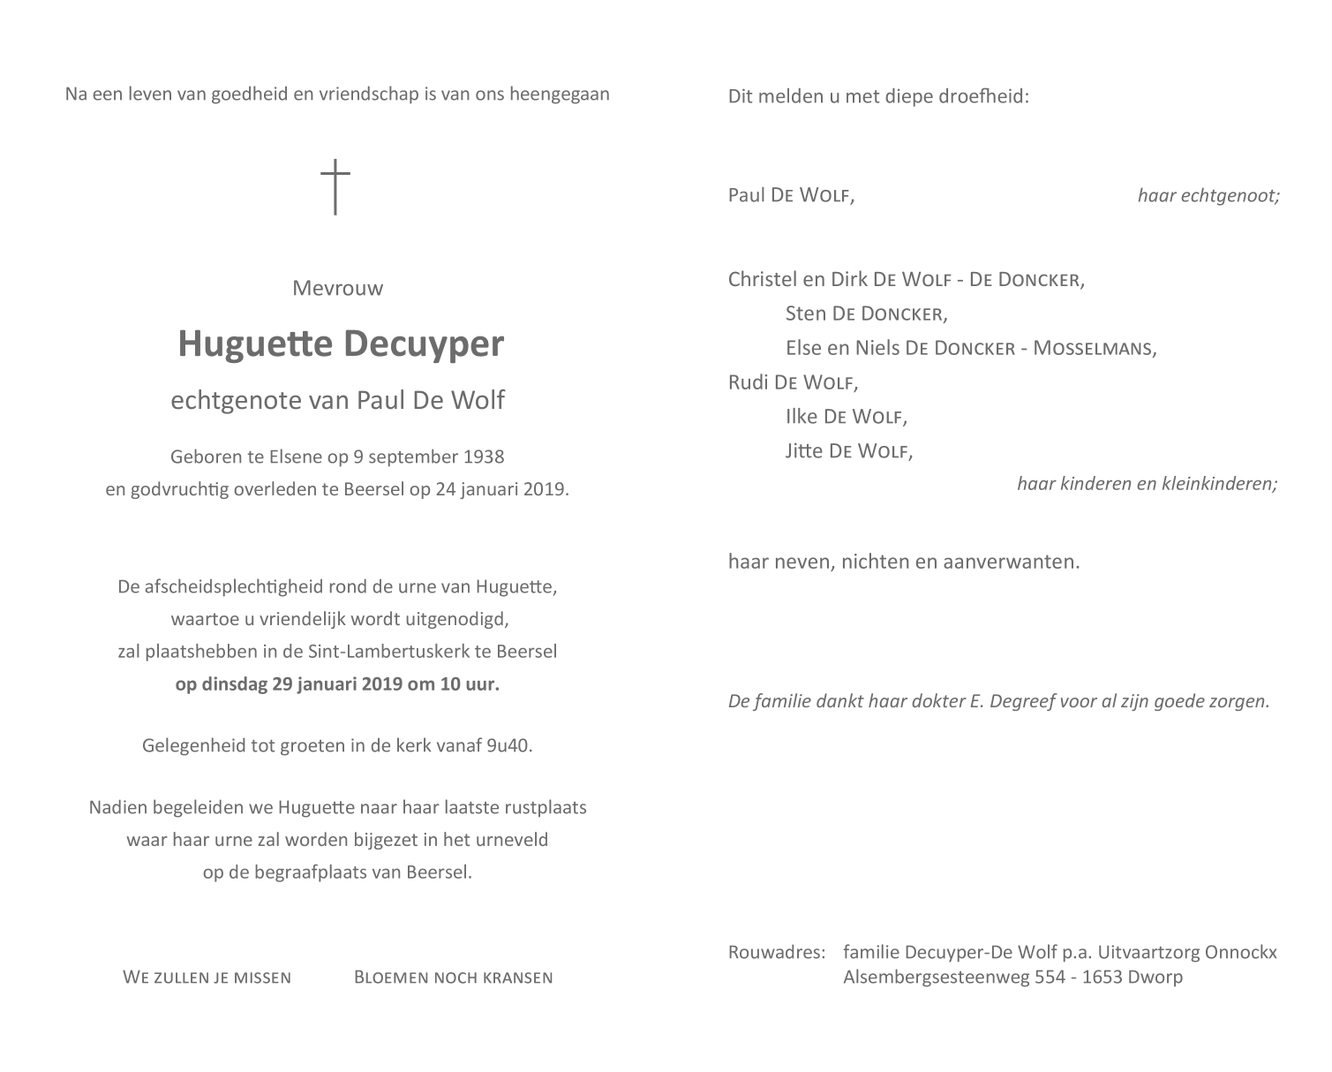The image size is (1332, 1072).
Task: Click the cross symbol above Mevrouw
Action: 335,186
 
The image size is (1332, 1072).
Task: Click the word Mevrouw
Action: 338,288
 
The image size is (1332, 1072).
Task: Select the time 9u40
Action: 509,745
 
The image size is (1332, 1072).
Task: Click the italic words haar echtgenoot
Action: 1208,195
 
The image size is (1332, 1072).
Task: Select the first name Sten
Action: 806,313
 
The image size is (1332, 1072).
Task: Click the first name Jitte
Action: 804,451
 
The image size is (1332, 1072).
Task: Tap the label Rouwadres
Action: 776,952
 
